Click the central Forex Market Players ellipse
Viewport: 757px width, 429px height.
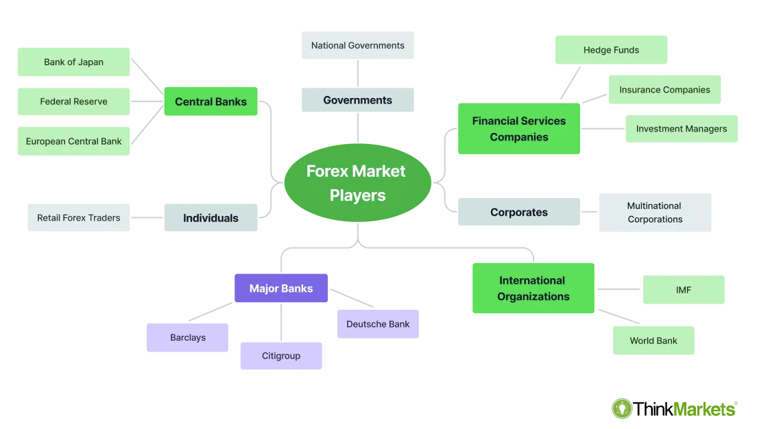[357, 183]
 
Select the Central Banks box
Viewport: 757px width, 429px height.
[211, 101]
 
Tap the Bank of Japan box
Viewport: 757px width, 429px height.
[73, 62]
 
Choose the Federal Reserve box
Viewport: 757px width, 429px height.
[73, 101]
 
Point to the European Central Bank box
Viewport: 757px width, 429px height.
[73, 141]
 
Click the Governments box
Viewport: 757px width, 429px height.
[357, 100]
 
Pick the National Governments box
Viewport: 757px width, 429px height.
[357, 45]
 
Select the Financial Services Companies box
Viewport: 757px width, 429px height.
[518, 129]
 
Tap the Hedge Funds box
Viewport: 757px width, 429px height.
[611, 50]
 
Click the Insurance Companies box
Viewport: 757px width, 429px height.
[664, 90]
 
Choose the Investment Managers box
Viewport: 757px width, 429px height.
[681, 129]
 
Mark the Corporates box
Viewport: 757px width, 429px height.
[518, 212]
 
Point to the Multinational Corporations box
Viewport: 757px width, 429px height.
[655, 212]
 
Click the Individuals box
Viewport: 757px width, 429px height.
[211, 218]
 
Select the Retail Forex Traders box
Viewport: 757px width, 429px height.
[78, 218]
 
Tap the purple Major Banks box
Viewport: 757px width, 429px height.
[281, 289]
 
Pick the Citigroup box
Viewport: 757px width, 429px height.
[280, 356]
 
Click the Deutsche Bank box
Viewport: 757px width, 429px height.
[378, 324]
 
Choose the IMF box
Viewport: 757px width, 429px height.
[683, 290]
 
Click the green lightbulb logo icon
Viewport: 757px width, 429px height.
[622, 408]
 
